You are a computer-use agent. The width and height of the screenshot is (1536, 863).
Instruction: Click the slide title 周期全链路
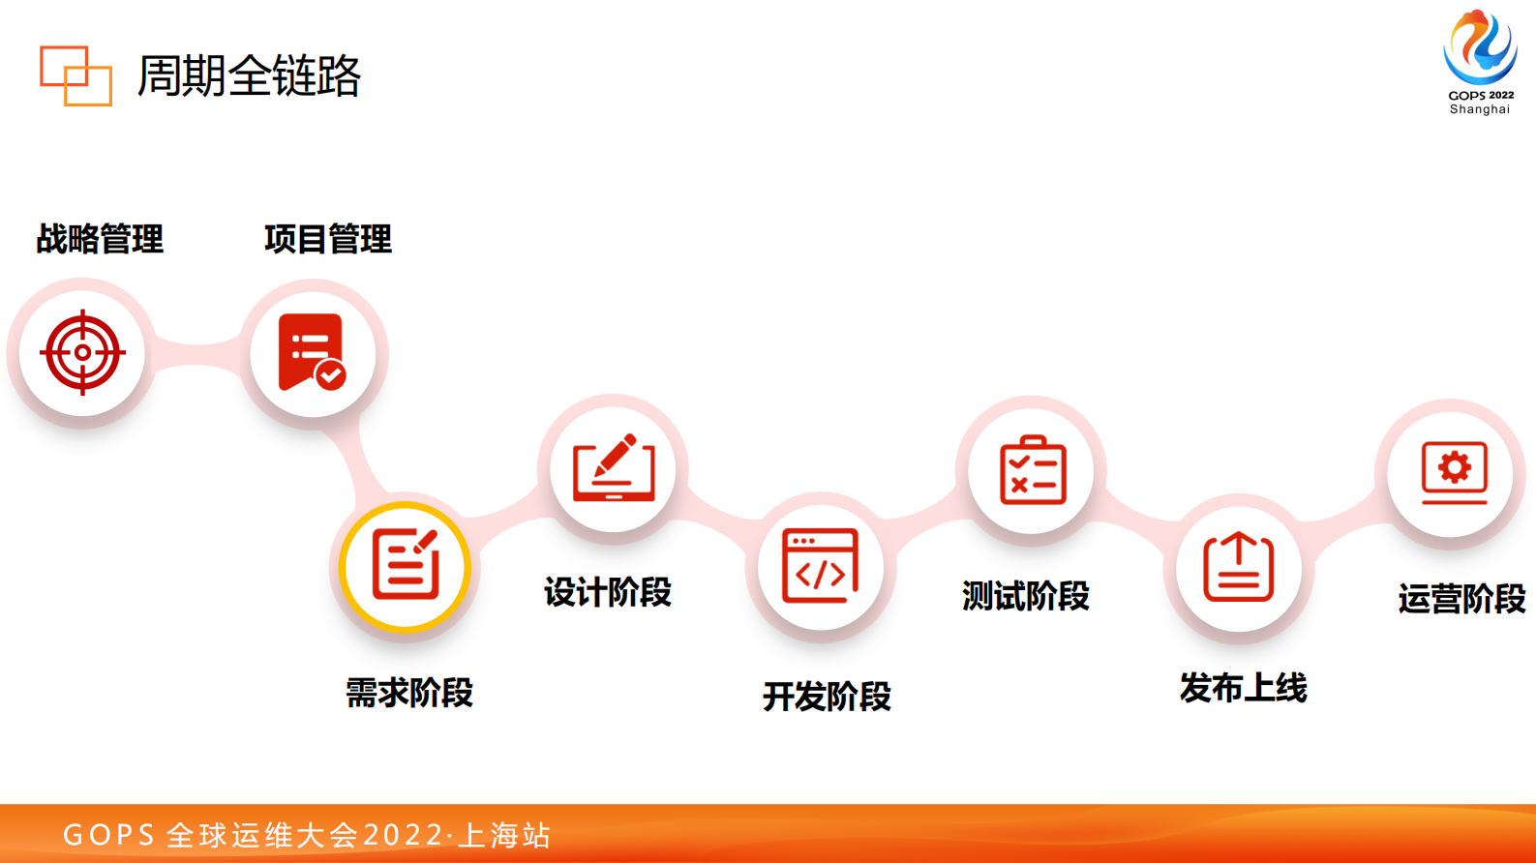coord(249,75)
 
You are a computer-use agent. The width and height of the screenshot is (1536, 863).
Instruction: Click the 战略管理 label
coord(100,239)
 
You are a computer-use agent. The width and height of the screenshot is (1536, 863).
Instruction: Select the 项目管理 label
coord(328,239)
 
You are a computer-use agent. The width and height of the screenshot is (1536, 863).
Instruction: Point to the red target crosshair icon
coord(82,352)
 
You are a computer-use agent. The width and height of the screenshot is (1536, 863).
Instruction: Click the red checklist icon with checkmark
coord(313,352)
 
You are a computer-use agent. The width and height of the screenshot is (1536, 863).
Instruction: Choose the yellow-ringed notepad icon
coord(406,566)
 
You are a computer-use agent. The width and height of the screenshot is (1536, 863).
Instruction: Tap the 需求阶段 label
coord(409,693)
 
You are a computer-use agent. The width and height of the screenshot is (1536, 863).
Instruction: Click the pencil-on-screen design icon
coord(614,468)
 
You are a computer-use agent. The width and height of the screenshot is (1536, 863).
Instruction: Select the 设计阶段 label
coord(608,592)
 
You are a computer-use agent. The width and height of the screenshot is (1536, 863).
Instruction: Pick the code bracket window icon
coord(821,566)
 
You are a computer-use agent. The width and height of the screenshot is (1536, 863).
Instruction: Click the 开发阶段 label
coord(827,697)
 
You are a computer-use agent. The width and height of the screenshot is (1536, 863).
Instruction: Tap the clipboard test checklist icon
coord(1033,470)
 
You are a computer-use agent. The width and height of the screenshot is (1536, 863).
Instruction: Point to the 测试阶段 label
coord(1026,596)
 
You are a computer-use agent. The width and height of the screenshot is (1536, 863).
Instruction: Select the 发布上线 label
coord(1244,688)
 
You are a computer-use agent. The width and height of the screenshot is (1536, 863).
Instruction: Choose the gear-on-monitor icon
coord(1454,472)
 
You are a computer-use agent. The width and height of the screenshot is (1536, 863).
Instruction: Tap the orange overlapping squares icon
coord(75,75)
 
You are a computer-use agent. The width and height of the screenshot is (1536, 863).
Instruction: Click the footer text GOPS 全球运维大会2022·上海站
coord(307,834)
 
